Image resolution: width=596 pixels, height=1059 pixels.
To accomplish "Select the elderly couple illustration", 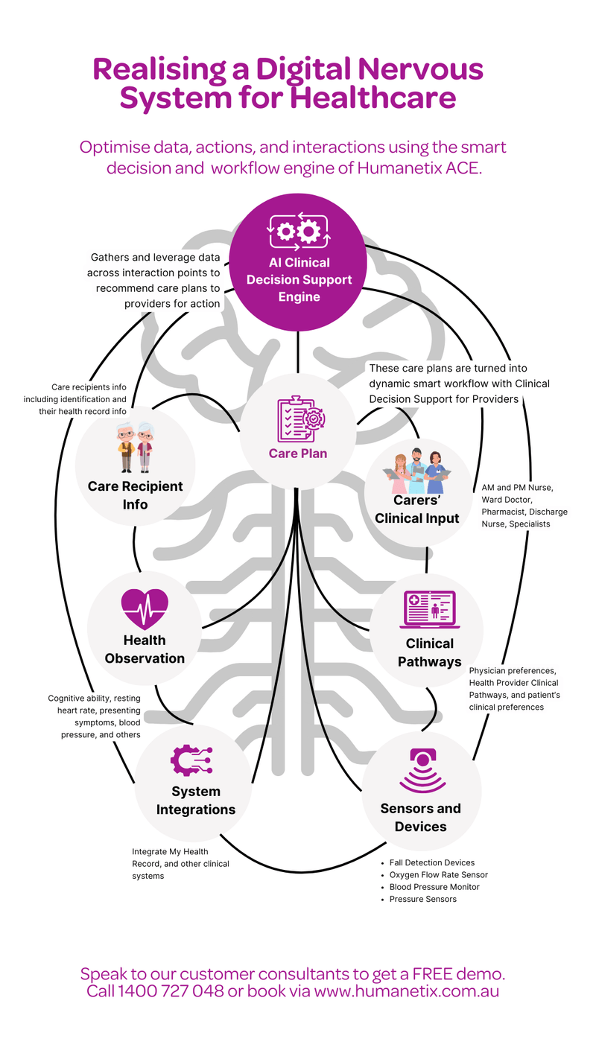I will pyautogui.click(x=135, y=450).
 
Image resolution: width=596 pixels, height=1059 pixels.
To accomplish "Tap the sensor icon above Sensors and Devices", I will pyautogui.click(x=422, y=769).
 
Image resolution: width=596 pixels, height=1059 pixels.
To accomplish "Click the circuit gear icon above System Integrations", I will pyautogui.click(x=192, y=760).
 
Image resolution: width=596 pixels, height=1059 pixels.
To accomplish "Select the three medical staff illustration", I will pyautogui.click(x=416, y=471).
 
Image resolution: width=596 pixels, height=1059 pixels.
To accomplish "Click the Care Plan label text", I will pyautogui.click(x=298, y=454).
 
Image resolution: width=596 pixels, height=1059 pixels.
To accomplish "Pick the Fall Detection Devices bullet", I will pyautogui.click(x=431, y=862).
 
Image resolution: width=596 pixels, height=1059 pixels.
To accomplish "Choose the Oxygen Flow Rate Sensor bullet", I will pyautogui.click(x=438, y=874).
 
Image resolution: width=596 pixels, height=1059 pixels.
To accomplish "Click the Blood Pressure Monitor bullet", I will pyautogui.click(x=434, y=887).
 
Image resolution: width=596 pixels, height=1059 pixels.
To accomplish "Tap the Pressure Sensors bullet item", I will pyautogui.click(x=422, y=899).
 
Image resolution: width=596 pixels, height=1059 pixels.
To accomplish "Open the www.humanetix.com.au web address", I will pyautogui.click(x=406, y=991).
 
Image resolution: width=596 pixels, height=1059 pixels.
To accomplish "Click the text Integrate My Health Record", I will pyautogui.click(x=170, y=851).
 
